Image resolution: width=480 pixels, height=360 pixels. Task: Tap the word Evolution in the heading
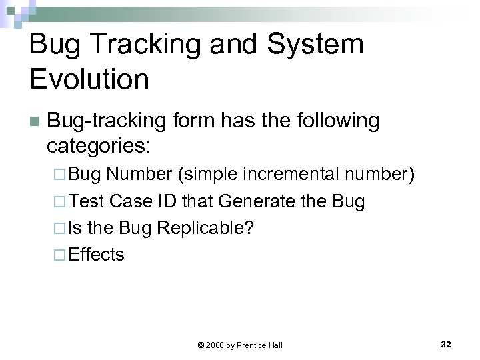[x=89, y=79]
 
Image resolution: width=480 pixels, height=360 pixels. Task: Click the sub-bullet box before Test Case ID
[x=57, y=201]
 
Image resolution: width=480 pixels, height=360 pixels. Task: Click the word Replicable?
[x=205, y=227]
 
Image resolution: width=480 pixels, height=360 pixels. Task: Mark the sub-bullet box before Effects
[x=57, y=255]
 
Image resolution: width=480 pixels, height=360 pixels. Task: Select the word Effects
[x=97, y=254]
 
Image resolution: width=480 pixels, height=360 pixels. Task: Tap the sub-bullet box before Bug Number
[x=57, y=175]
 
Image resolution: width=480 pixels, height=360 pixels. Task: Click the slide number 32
[x=446, y=344]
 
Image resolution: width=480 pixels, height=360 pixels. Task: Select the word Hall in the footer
[x=275, y=345]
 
